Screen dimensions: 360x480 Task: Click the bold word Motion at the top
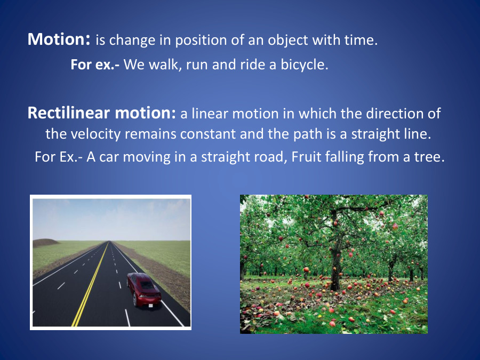click(57, 39)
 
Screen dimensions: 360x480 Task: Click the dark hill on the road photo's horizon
click(45, 243)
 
